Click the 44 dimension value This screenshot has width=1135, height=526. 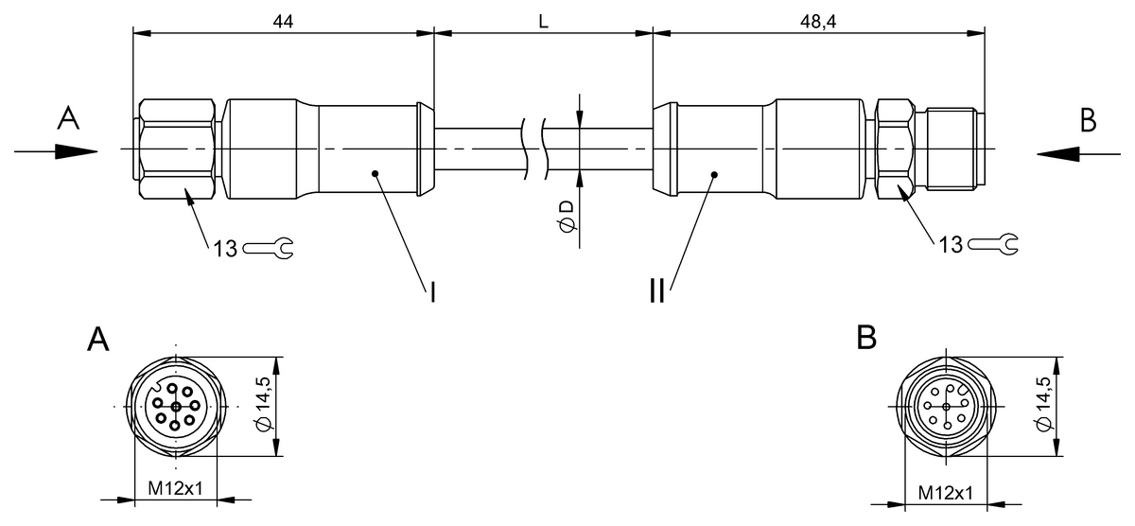tap(283, 21)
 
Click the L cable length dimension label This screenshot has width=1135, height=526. tap(543, 21)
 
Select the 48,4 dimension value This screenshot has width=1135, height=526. tap(818, 21)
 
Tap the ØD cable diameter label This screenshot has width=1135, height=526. tap(567, 216)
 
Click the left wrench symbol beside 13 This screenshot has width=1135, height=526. tap(268, 248)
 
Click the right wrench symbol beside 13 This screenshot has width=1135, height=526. tap(992, 244)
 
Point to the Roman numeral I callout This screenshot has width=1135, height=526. tap(432, 292)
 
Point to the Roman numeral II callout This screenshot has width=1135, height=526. tap(657, 292)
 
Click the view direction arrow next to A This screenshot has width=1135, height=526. tap(56, 151)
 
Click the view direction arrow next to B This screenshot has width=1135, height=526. tap(1078, 153)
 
